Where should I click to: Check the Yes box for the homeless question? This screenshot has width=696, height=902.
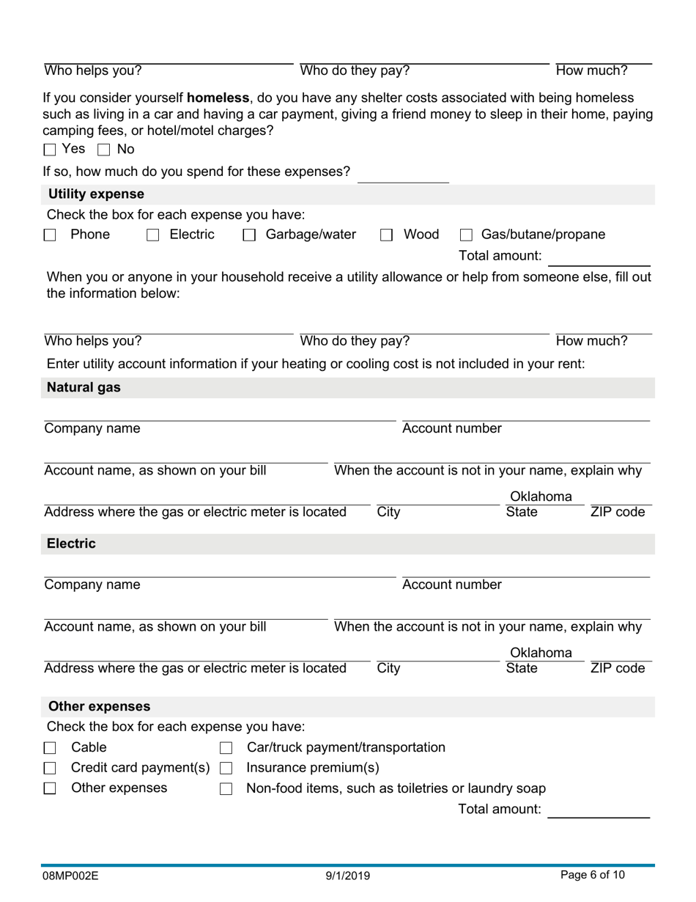[x=50, y=150]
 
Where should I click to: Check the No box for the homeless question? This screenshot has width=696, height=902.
[x=103, y=150]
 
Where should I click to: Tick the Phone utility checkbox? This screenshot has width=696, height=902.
[x=50, y=235]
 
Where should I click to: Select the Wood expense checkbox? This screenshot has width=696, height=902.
[x=386, y=235]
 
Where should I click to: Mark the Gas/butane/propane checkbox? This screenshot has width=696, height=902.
[x=466, y=235]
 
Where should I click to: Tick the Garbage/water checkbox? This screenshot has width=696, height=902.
[x=249, y=235]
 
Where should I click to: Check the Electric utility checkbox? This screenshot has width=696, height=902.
[x=153, y=235]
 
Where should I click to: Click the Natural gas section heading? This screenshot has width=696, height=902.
[x=84, y=387]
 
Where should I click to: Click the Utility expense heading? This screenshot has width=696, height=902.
[x=96, y=194]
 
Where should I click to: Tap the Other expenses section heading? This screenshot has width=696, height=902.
[x=99, y=706]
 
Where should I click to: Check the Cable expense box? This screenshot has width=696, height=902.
[x=50, y=748]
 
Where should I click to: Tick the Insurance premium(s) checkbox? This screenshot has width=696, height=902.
[x=226, y=769]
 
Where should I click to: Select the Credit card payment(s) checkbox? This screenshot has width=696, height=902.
[x=50, y=769]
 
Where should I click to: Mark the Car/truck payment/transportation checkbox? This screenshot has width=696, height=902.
[x=226, y=748]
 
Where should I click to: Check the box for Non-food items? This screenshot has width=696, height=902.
[x=226, y=789]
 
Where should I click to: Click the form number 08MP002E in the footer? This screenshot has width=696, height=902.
[x=70, y=876]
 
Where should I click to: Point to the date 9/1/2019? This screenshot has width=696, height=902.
[x=348, y=876]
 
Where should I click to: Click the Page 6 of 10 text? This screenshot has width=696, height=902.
[x=593, y=875]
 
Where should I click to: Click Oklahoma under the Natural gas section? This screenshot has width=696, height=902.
[x=541, y=496]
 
